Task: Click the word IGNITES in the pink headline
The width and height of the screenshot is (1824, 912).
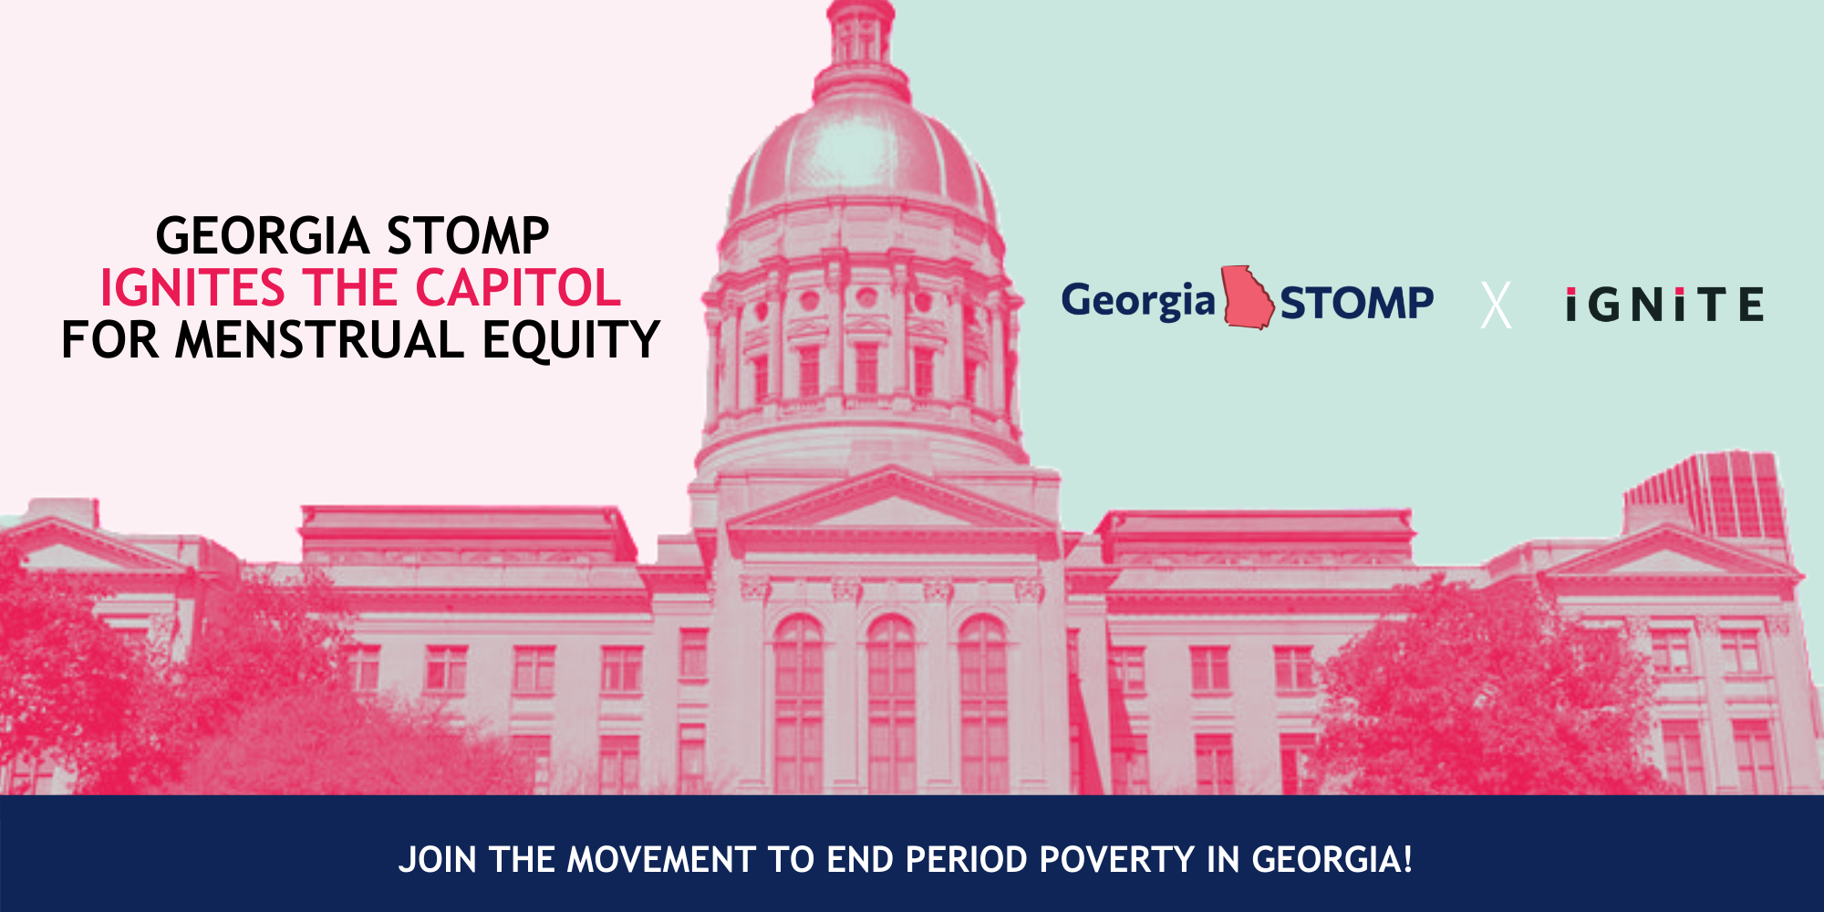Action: pyautogui.click(x=192, y=288)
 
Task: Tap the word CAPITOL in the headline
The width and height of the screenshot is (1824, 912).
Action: pyautogui.click(x=518, y=288)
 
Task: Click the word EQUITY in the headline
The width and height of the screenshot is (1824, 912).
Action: pyautogui.click(x=571, y=340)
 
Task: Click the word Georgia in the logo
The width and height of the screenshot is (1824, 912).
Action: pyautogui.click(x=1138, y=301)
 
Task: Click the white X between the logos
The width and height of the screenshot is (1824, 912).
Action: pyautogui.click(x=1496, y=305)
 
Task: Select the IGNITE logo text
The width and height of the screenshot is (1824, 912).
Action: pyautogui.click(x=1664, y=305)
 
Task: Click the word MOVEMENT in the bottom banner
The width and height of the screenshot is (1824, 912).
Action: pyautogui.click(x=661, y=860)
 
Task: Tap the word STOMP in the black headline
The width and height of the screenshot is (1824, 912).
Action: pyautogui.click(x=468, y=236)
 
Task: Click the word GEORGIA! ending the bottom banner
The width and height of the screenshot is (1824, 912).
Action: pyautogui.click(x=1332, y=860)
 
